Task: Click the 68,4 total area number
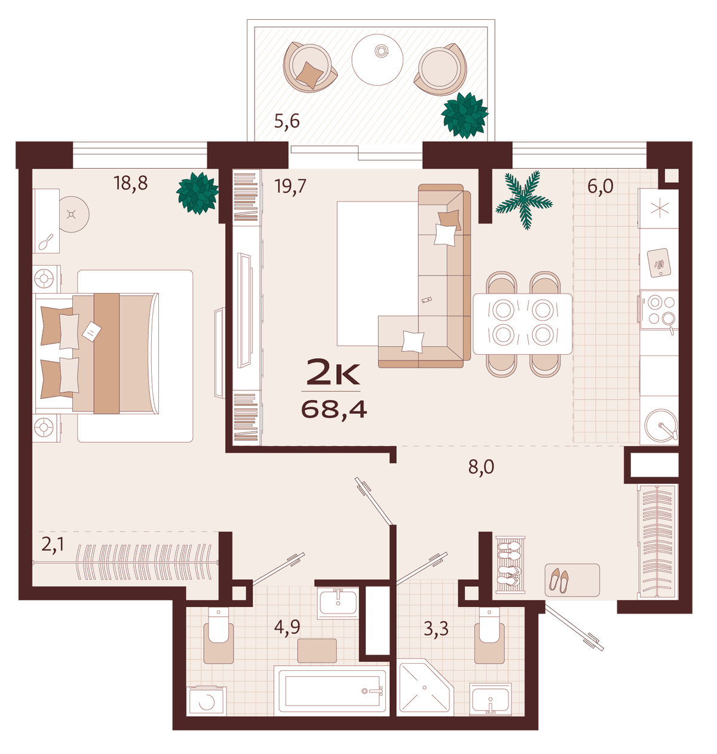pyautogui.click(x=334, y=410)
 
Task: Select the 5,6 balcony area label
pyautogui.click(x=287, y=121)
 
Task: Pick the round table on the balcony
pyautogui.click(x=377, y=60)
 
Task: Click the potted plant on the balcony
pyautogui.click(x=464, y=115)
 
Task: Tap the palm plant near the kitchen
pyautogui.click(x=524, y=200)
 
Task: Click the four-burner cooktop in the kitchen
pyautogui.click(x=659, y=310)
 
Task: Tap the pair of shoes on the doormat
pyautogui.click(x=559, y=580)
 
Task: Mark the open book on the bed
pyautogui.click(x=91, y=331)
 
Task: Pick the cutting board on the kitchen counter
pyautogui.click(x=658, y=263)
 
